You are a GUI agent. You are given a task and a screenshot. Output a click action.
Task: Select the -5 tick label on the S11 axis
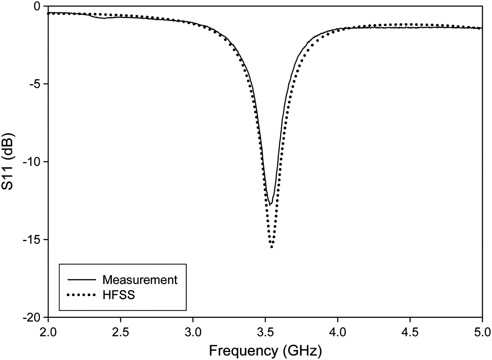(x=35, y=84)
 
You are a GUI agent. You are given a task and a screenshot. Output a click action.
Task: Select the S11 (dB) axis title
(x=8, y=162)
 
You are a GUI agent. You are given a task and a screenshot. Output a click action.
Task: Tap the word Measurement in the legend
(x=140, y=280)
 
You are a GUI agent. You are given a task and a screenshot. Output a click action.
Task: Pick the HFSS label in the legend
(x=119, y=295)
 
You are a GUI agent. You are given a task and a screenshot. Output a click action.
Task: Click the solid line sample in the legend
(x=81, y=280)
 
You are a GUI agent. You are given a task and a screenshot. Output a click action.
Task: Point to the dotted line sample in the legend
(x=81, y=295)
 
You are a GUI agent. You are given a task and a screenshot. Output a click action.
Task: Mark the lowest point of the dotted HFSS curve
(x=272, y=247)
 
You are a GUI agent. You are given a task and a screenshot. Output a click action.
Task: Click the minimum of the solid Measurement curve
(x=270, y=204)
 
